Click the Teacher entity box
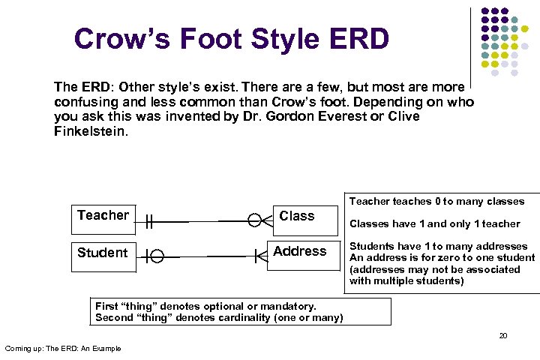click(103, 216)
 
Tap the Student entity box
click(103, 253)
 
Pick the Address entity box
click(299, 251)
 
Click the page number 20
click(503, 335)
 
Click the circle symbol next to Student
click(157, 257)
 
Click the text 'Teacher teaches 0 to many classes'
click(437, 201)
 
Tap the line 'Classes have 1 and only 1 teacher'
click(434, 223)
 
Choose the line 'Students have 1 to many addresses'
click(438, 247)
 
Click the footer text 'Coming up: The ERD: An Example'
click(63, 348)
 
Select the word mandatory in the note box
click(286, 306)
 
